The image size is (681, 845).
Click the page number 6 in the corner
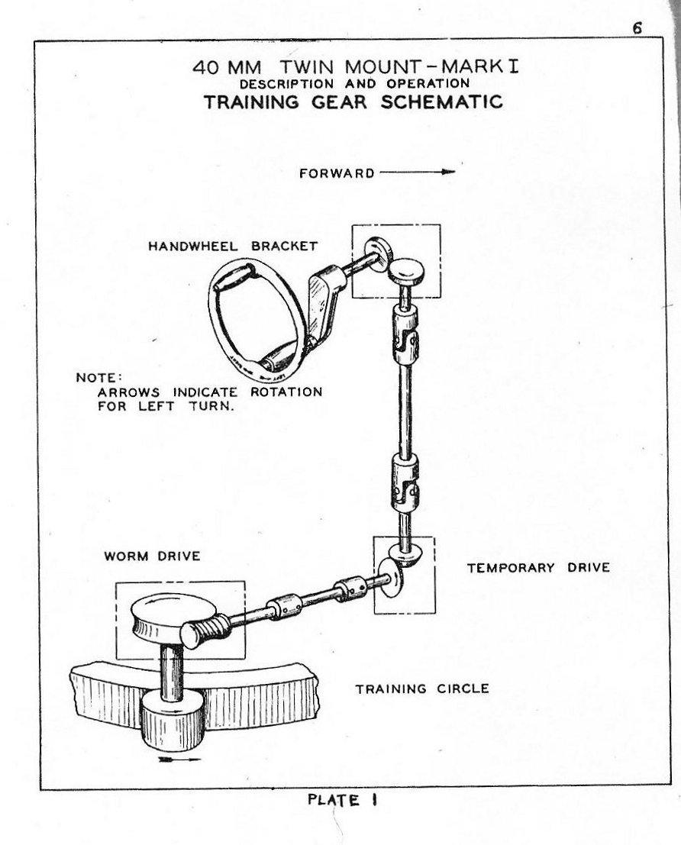pyautogui.click(x=636, y=27)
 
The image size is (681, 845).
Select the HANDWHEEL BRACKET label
pyautogui.click(x=233, y=245)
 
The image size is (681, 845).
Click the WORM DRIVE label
pyautogui.click(x=152, y=556)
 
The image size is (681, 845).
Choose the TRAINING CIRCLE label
pyautogui.click(x=422, y=689)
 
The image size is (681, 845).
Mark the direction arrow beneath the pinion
pyautogui.click(x=179, y=760)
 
